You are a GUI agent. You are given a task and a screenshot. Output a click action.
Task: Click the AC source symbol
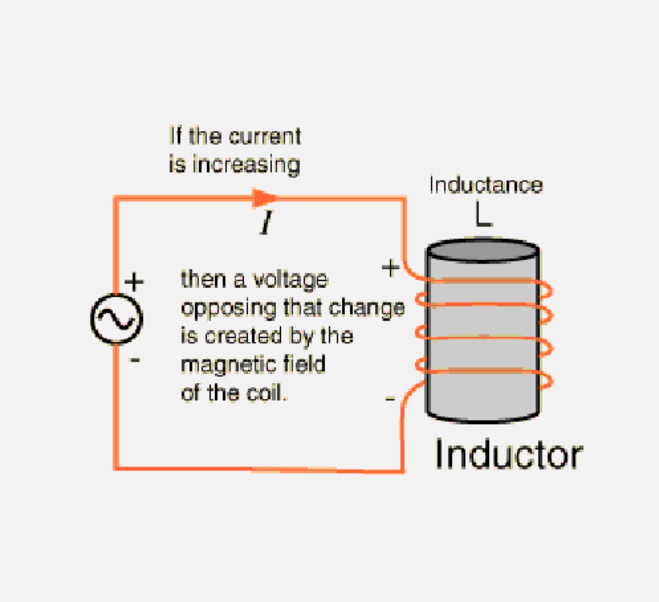click(116, 319)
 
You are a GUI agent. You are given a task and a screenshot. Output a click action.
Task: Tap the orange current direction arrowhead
click(266, 198)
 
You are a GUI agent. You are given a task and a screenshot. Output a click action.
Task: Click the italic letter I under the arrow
click(266, 224)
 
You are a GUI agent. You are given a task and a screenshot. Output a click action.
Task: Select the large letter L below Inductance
click(483, 213)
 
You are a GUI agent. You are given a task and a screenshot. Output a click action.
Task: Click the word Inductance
click(485, 184)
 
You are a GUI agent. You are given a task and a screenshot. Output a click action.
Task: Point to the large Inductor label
click(509, 455)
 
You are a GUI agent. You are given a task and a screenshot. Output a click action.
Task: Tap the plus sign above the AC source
click(134, 282)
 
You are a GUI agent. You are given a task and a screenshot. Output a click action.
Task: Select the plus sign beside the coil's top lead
click(390, 268)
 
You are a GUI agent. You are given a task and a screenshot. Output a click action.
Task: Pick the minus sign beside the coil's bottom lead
click(390, 399)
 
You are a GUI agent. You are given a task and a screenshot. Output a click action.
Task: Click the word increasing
click(247, 164)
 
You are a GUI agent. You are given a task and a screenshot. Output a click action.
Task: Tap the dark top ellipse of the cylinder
click(482, 251)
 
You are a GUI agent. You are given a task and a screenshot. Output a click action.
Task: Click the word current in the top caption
click(265, 137)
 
